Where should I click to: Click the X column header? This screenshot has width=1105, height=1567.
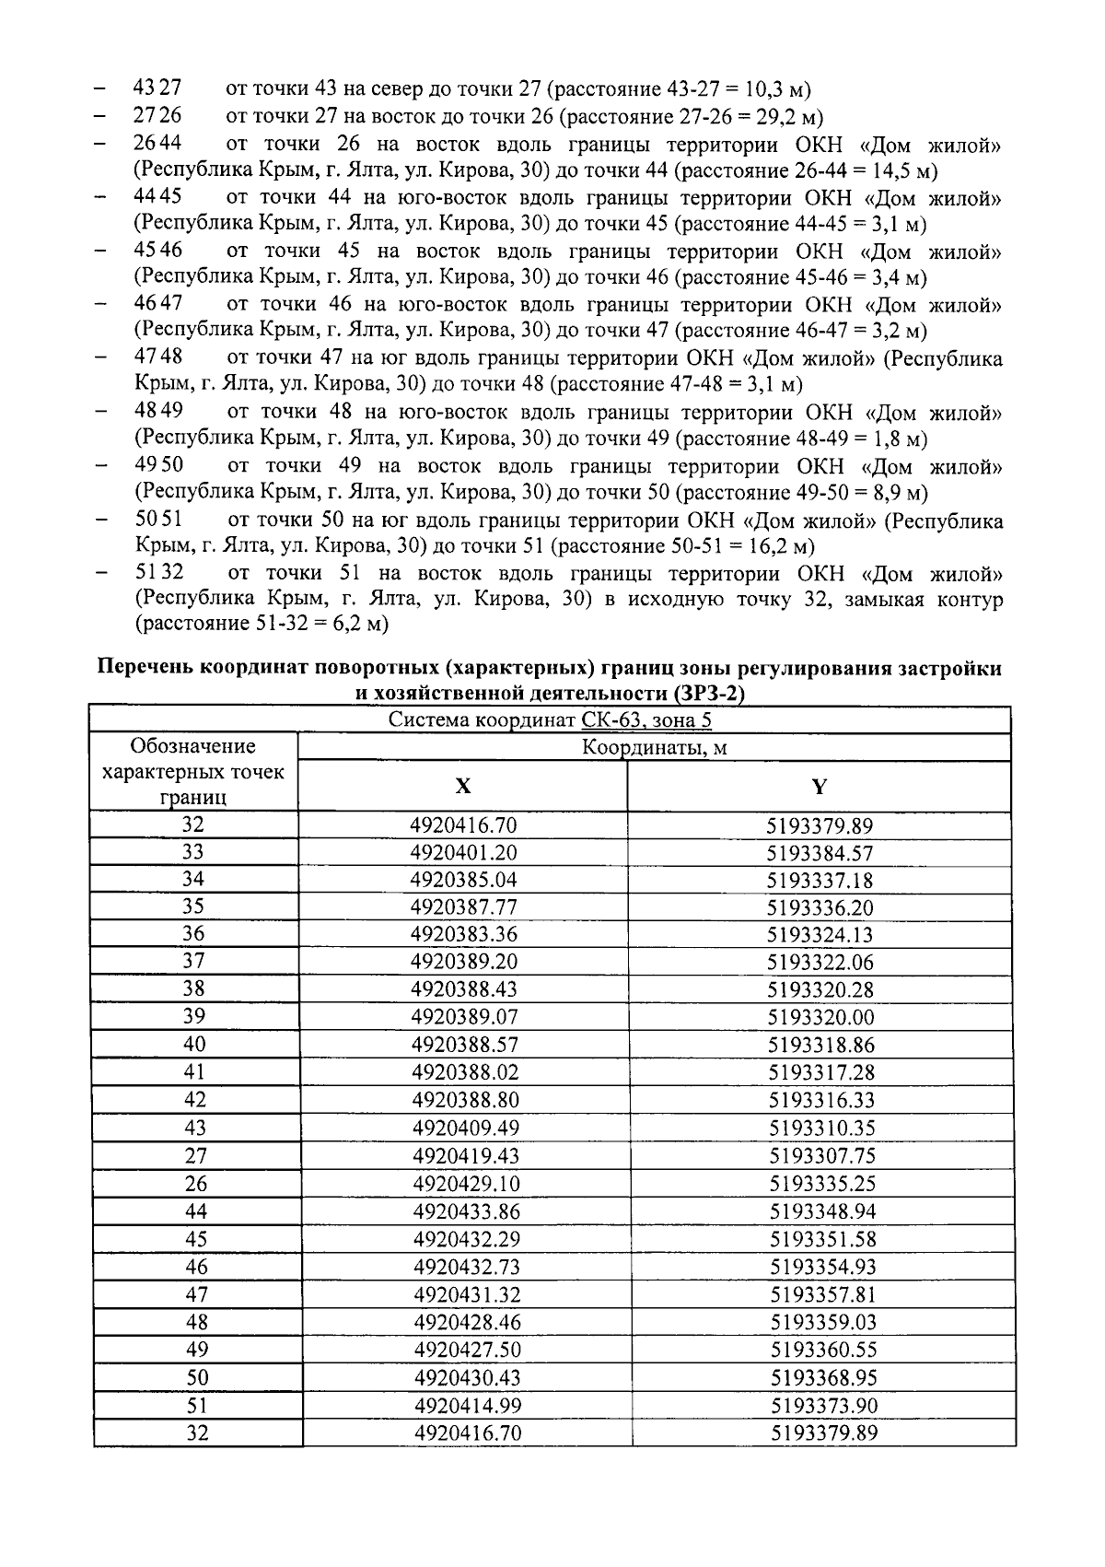[463, 786]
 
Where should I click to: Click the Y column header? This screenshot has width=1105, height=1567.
[819, 786]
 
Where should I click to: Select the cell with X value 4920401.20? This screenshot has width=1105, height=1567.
[464, 852]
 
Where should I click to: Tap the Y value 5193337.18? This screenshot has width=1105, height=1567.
[820, 880]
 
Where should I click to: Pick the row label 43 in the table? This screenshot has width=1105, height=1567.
[195, 1128]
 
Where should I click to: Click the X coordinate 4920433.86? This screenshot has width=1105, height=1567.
[465, 1210]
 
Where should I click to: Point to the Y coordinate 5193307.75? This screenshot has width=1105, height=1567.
[820, 1155]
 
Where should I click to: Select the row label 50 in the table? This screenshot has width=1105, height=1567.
[196, 1377]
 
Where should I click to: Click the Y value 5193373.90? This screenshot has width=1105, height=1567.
[821, 1405]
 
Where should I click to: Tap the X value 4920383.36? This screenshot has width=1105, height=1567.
[464, 934]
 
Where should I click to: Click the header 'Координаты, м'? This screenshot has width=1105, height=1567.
[654, 747]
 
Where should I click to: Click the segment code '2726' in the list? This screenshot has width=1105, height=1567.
[157, 116]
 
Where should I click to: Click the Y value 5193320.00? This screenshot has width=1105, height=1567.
[820, 1017]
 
